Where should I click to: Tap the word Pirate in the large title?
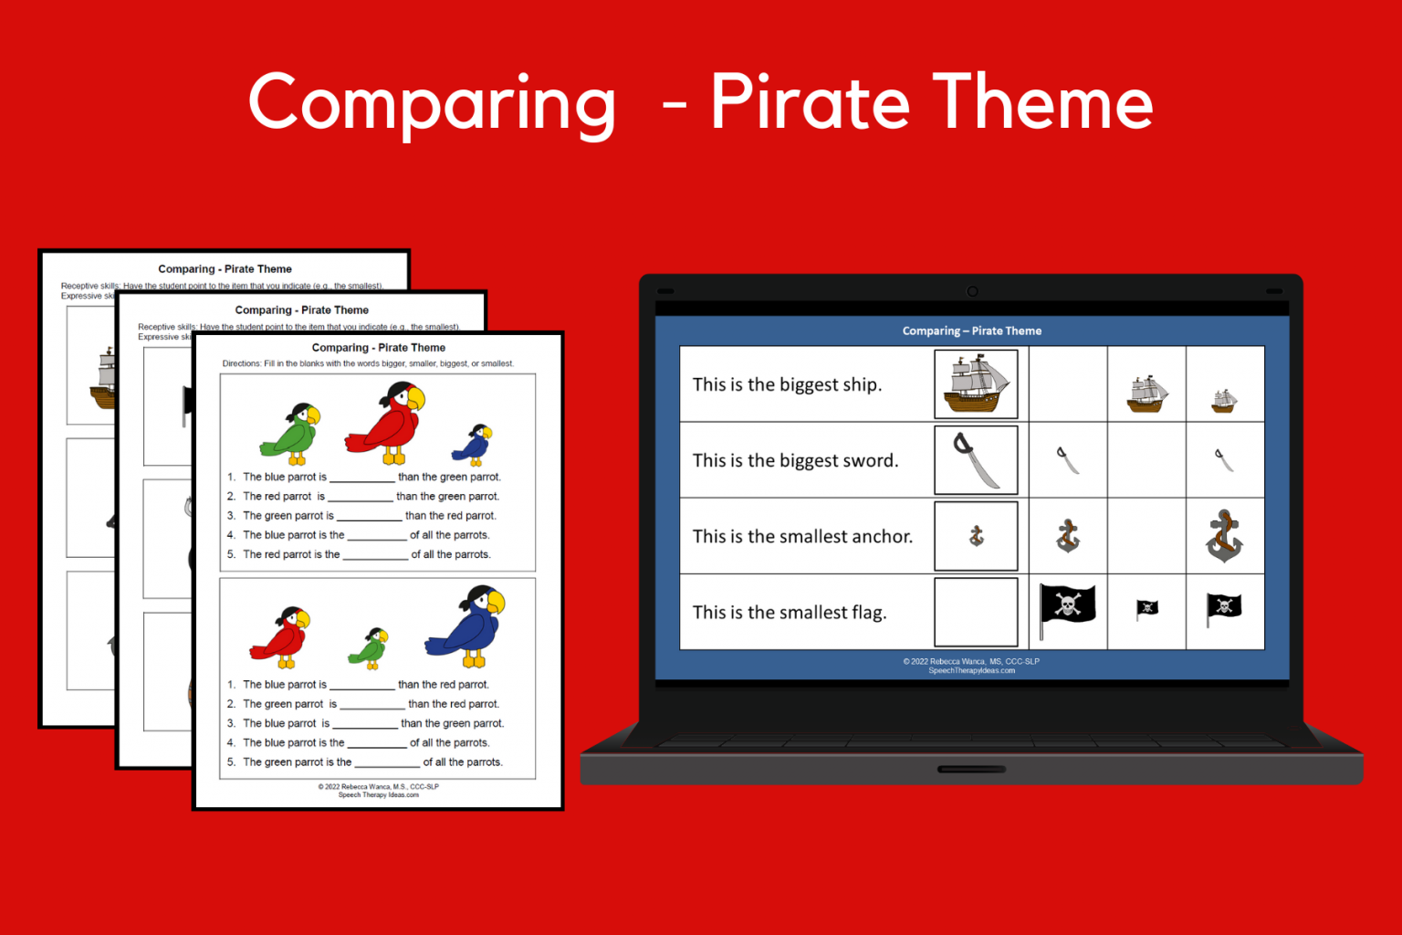click(x=810, y=102)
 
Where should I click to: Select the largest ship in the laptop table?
click(x=976, y=383)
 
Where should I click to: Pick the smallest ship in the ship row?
click(x=1224, y=400)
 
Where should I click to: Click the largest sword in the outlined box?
click(x=976, y=460)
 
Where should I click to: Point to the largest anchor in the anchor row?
click(x=1224, y=536)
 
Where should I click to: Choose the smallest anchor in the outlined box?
click(x=976, y=536)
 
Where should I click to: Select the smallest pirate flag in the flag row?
click(x=1146, y=609)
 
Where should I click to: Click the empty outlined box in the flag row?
click(x=976, y=612)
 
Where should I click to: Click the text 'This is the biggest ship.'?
click(x=787, y=384)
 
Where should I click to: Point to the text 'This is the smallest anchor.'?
click(x=802, y=537)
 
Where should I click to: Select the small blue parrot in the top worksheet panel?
click(x=473, y=445)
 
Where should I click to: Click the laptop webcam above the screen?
click(x=972, y=291)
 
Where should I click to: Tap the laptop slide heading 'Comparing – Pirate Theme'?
click(x=971, y=331)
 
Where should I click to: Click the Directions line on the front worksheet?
click(x=368, y=363)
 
